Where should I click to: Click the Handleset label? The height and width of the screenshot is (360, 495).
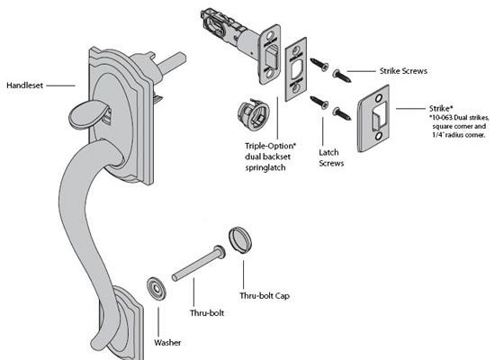pos(24,85)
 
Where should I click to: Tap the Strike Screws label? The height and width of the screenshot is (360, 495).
pos(403,71)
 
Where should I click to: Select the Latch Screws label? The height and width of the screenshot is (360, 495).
pos(331,157)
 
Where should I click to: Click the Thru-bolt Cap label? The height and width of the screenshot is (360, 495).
pos(265,295)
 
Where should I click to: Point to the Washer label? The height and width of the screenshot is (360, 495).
pos(167,342)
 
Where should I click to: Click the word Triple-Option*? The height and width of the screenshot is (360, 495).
pos(271,146)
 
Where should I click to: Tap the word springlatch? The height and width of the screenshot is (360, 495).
pos(265,167)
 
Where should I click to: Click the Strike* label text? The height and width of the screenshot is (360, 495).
pos(439,108)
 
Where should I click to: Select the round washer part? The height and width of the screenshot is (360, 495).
pos(157,288)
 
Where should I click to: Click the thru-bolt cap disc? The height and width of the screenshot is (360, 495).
pos(240,239)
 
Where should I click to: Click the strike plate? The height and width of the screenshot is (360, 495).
pos(373,119)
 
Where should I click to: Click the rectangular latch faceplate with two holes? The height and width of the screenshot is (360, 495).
pos(296,69)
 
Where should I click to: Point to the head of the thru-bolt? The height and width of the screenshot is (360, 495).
pos(220,252)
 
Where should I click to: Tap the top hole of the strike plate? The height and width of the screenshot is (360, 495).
pos(379,98)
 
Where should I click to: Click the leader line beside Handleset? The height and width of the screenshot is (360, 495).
pos(60,85)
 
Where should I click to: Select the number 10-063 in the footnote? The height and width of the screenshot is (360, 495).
pos(441,118)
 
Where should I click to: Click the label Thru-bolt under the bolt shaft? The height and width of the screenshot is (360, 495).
pos(207,313)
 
